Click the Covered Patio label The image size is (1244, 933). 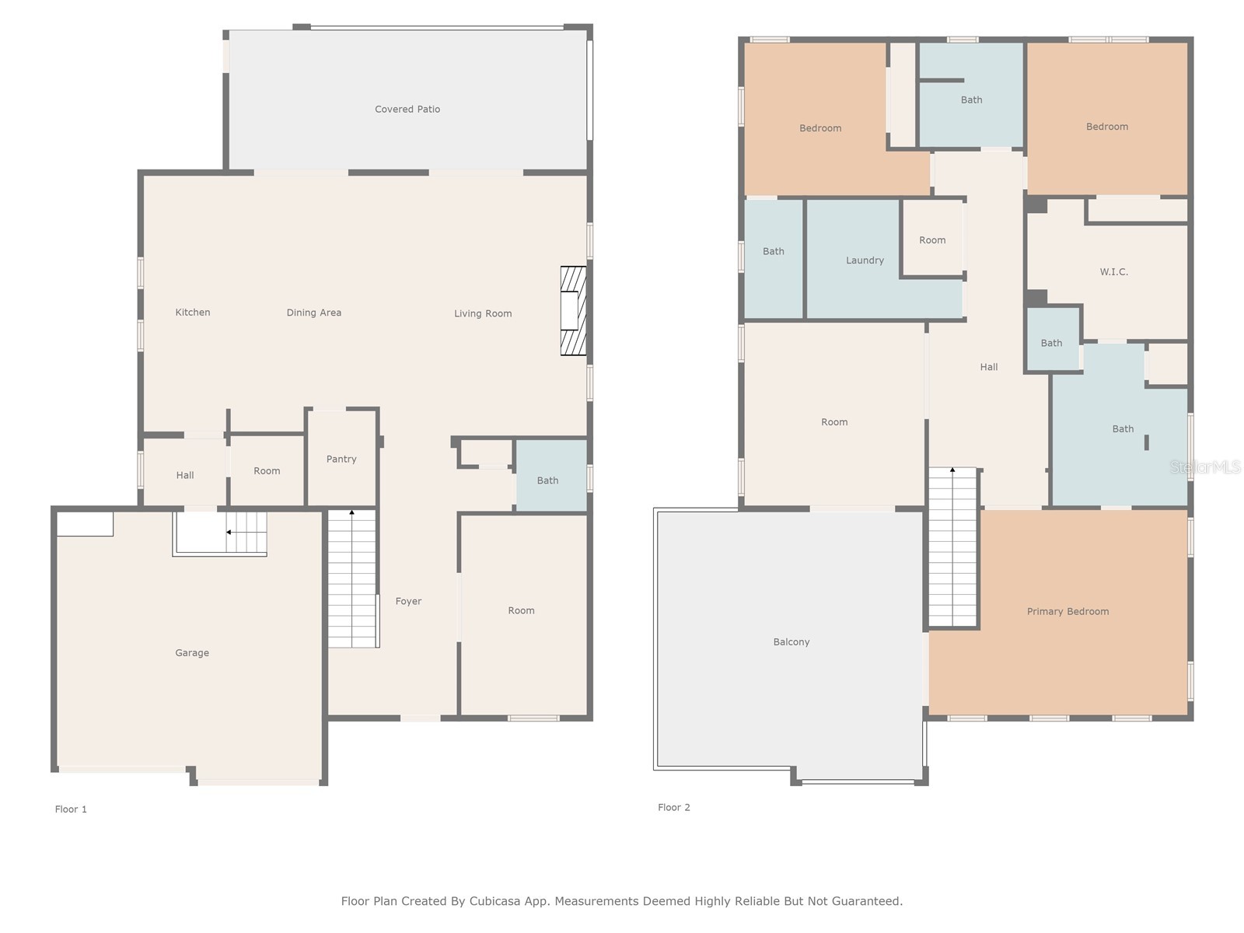(407, 110)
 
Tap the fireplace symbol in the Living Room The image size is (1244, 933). (573, 310)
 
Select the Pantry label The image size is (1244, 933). (341, 459)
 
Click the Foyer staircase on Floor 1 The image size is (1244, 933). (353, 578)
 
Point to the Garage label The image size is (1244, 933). (192, 652)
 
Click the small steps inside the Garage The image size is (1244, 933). (246, 532)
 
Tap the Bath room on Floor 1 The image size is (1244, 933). (551, 477)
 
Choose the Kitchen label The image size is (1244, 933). (193, 312)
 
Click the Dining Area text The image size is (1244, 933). (314, 313)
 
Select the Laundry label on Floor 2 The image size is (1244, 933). (865, 260)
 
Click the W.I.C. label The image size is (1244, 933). (1113, 272)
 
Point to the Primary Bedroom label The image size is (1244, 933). (1068, 611)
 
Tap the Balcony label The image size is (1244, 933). (791, 642)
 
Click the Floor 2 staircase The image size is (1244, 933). (952, 547)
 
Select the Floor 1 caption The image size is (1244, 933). (71, 809)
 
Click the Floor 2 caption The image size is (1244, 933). (674, 807)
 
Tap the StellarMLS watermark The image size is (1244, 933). (1205, 466)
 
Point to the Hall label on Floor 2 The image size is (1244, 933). (989, 367)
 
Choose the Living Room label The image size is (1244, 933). (483, 313)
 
